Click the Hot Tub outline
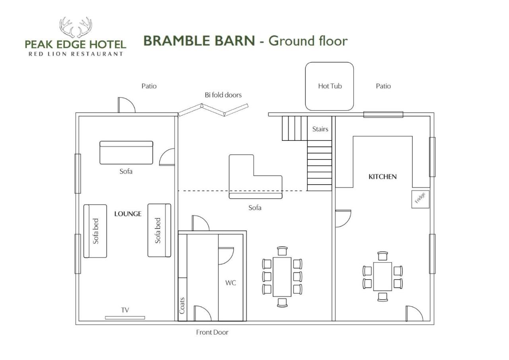pos(306,86)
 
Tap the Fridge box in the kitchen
pos(420,199)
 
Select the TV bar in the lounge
pos(125,318)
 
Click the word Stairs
pos(320,129)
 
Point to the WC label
pos(231,283)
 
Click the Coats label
pos(182,306)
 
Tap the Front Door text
pos(212,332)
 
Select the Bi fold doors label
pos(223,95)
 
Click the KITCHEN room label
pos(383,177)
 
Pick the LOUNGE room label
pos(128,214)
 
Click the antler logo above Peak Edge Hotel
pos(76,27)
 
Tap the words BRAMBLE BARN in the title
pos(199,41)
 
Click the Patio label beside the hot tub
pos(383,86)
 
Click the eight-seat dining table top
pos(282,277)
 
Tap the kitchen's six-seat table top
pos(383,276)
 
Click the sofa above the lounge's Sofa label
pos(126,152)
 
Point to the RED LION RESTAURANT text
pos(76,54)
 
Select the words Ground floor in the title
pos(308,41)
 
